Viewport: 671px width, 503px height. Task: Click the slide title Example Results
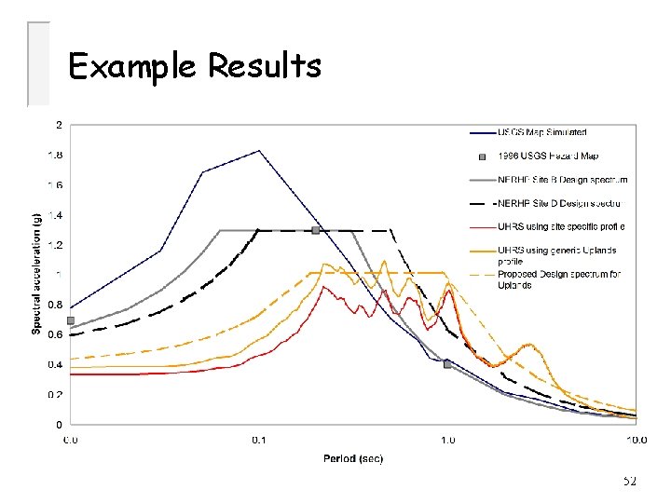pos(195,66)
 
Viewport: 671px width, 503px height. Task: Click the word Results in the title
pos(265,66)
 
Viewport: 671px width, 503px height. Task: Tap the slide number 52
pos(629,481)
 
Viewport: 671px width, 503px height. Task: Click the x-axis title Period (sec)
pos(353,458)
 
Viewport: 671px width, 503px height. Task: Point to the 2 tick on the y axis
pos(60,125)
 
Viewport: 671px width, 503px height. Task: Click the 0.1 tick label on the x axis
pos(259,439)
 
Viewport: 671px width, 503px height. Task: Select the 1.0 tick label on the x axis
pos(447,439)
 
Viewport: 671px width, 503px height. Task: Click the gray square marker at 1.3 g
pos(316,230)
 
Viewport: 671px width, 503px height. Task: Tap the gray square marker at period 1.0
pos(447,364)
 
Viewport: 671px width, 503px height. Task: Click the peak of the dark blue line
pos(259,151)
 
